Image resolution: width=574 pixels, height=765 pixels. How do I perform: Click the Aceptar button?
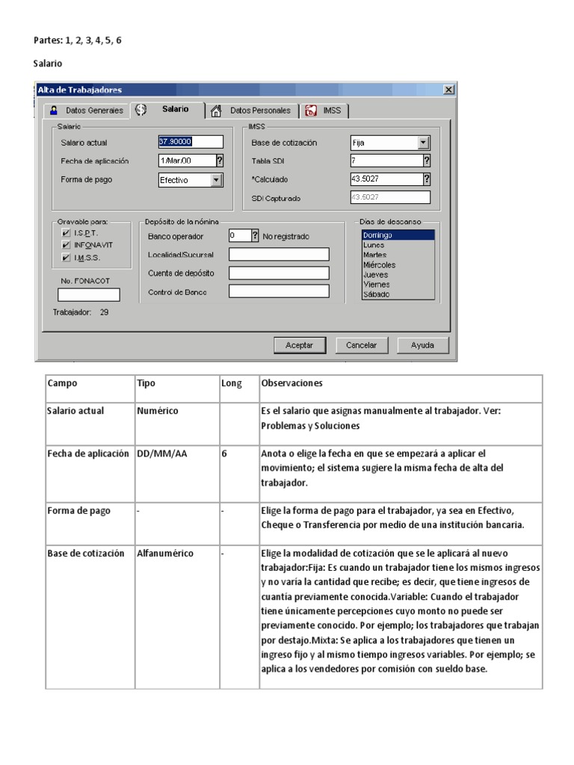tap(299, 345)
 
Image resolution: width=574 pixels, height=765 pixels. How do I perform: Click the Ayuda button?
tap(422, 345)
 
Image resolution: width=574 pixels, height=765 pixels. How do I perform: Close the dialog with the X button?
tap(448, 90)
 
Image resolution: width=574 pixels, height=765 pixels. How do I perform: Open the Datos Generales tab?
tap(87, 111)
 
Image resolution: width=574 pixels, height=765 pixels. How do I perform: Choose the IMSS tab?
tap(326, 111)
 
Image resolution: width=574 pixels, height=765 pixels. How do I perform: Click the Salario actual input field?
tap(191, 142)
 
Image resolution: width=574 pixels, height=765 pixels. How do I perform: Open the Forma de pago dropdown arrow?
tap(217, 180)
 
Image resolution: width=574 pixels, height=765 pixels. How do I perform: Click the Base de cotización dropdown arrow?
tap(424, 142)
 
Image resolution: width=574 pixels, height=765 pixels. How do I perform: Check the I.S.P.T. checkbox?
tap(67, 234)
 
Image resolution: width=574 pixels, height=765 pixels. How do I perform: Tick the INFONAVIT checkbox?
tap(67, 245)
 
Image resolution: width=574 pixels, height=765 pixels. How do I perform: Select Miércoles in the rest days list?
tap(380, 264)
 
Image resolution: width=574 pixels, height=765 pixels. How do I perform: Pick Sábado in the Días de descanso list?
tap(376, 294)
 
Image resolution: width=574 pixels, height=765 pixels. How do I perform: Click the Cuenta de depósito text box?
tap(279, 273)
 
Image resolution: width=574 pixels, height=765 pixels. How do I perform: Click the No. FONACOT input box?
tap(89, 294)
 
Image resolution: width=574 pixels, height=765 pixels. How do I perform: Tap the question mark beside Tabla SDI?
tap(427, 160)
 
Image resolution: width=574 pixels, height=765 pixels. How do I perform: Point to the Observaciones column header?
tap(292, 383)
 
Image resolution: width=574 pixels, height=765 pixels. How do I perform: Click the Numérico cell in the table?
tap(158, 411)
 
